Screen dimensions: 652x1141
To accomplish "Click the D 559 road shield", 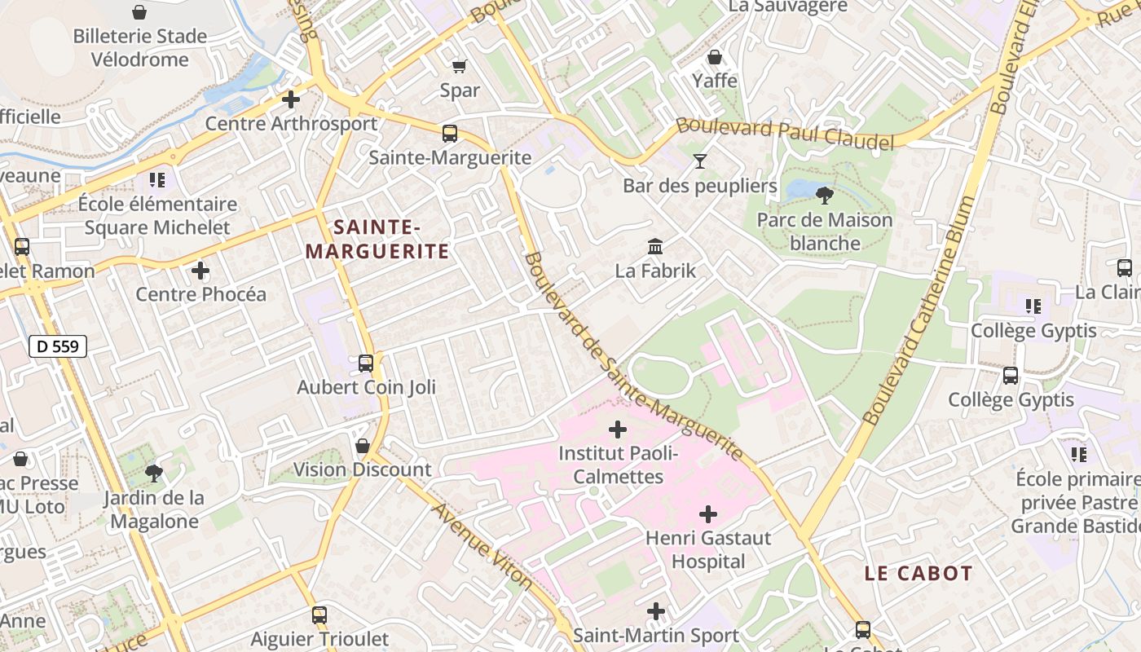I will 59,346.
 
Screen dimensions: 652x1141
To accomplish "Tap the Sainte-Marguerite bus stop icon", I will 450,134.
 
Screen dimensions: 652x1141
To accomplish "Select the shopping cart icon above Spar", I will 460,66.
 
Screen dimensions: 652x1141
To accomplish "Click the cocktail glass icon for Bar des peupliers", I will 699,161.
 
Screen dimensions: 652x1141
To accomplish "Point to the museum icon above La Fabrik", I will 654,246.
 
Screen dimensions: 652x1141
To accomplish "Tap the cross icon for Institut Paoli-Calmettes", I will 618,429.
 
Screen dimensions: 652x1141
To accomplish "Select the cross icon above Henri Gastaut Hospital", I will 708,514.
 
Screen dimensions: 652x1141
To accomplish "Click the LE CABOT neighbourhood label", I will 919,573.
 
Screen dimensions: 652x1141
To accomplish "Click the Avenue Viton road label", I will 482,546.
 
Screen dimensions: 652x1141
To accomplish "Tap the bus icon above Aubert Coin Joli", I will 366,363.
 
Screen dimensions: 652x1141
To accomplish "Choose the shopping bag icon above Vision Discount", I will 363,446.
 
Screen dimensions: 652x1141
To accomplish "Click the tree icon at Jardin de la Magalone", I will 152,473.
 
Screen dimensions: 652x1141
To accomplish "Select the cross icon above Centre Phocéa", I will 200,271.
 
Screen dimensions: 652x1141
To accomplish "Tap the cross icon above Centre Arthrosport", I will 290,100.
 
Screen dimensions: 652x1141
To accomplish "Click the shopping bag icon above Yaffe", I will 715,57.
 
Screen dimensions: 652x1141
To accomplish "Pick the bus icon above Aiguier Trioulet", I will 319,615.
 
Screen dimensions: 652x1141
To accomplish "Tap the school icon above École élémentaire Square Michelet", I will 156,179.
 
